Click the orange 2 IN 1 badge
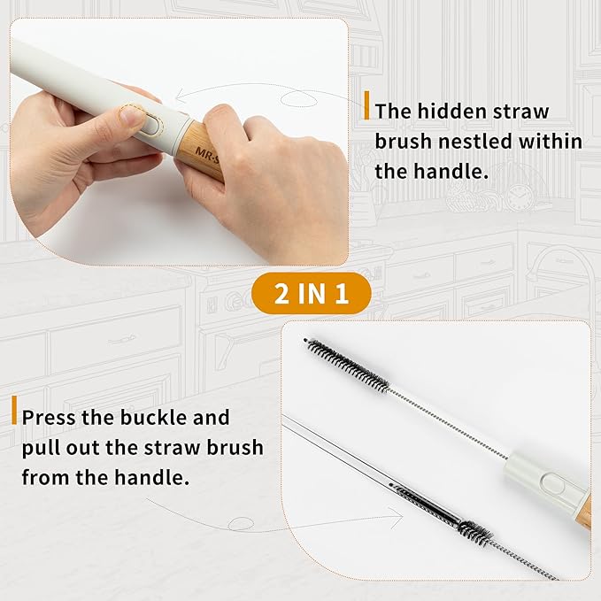(312, 294)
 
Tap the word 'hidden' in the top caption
(451, 112)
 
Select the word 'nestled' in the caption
(475, 142)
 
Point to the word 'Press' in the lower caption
(49, 418)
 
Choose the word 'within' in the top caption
(551, 142)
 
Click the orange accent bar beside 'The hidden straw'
(366, 105)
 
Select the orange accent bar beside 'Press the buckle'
(14, 410)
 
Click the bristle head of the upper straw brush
(347, 366)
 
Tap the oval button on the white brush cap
(552, 484)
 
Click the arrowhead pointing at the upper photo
(181, 96)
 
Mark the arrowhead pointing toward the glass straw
(397, 517)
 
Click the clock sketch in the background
(519, 197)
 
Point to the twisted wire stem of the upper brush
(448, 424)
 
